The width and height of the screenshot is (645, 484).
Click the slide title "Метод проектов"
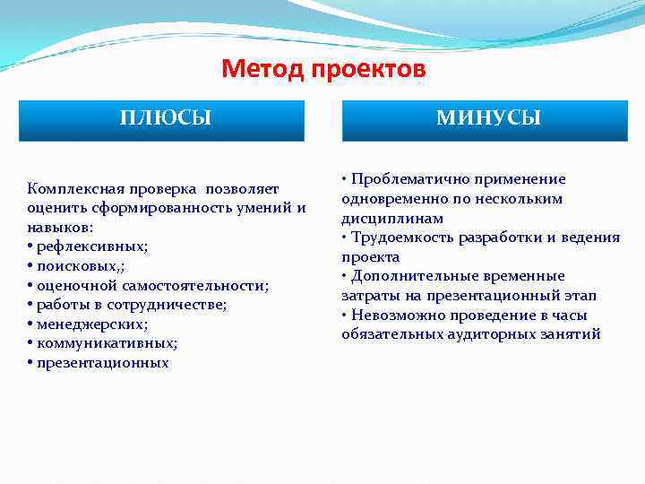coord(323,69)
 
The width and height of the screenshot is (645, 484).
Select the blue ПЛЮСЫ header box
coord(161,119)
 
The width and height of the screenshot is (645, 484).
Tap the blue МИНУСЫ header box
coord(485,119)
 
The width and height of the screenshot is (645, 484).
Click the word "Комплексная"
coord(70,189)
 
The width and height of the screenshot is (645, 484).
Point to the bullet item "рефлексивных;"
coord(92,246)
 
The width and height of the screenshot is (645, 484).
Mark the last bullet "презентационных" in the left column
coord(102,363)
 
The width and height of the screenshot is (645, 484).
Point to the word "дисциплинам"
coord(392,218)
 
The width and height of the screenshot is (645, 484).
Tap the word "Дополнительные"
coord(408,276)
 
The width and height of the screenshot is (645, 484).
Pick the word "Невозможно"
coord(391,315)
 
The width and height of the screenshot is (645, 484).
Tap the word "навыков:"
coord(58,228)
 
